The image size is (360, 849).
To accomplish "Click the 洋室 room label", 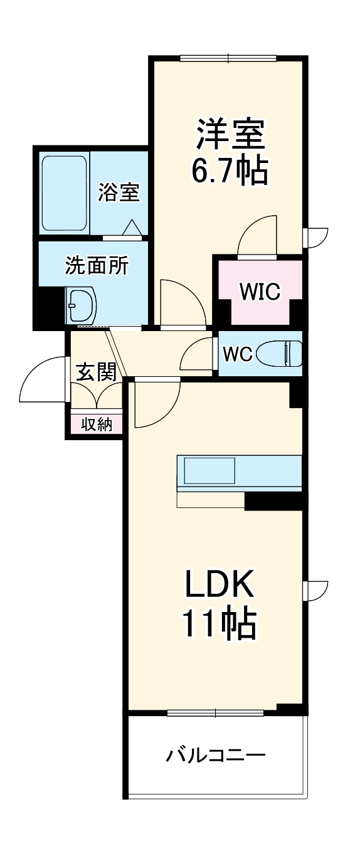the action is tap(230, 135).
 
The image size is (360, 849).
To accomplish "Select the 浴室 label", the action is tap(119, 192).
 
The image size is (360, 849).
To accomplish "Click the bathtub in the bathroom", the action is tap(64, 193).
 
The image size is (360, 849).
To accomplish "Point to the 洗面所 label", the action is tap(97, 265).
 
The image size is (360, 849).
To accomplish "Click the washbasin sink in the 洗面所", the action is tap(81, 304).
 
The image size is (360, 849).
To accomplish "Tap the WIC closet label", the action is tap(260, 291).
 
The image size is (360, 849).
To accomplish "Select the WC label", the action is tap(237, 354).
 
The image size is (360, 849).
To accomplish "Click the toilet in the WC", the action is tap(279, 353).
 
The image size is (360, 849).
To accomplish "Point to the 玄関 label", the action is tap(96, 372).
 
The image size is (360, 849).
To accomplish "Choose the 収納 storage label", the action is tap(97, 425).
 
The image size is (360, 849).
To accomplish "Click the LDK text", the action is tap(219, 584).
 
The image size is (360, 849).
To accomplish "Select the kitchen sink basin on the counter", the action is tap(209, 470).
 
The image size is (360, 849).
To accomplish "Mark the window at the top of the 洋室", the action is tap(228, 58).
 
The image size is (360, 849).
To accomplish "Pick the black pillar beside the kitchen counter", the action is tap(273, 500).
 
